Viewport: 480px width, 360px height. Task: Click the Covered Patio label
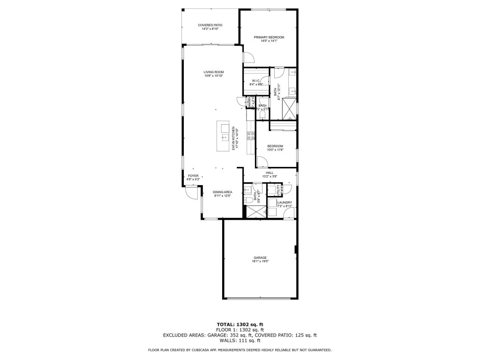[210, 25]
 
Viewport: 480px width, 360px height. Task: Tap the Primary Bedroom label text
[269, 37]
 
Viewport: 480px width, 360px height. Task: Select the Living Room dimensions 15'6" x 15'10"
[213, 76]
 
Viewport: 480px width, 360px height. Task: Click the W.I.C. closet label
[256, 81]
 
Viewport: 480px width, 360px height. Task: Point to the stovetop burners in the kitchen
[251, 136]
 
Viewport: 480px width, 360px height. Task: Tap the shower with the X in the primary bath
[289, 107]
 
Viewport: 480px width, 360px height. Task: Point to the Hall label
[269, 172]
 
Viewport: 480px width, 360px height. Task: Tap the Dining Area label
[222, 192]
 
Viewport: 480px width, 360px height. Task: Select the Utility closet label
[278, 190]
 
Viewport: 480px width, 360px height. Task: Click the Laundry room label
[284, 202]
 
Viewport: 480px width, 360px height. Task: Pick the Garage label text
[260, 257]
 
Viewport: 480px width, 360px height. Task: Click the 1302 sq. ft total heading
[240, 324]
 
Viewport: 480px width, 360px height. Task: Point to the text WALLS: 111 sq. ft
[240, 341]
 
